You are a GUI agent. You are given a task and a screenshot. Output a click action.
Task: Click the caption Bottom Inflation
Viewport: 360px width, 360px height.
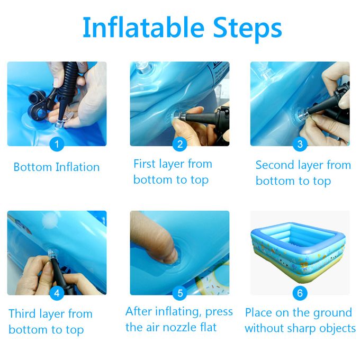pyautogui.click(x=57, y=167)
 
